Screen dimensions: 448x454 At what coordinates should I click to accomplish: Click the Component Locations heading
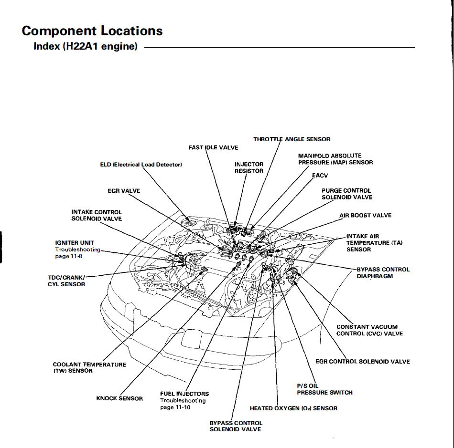click(92, 31)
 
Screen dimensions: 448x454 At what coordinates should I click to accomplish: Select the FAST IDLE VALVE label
click(213, 147)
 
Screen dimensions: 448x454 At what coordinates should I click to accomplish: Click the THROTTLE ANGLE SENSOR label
click(292, 139)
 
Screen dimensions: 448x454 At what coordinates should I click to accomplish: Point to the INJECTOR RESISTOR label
click(249, 167)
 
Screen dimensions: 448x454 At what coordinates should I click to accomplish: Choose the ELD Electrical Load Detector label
click(141, 165)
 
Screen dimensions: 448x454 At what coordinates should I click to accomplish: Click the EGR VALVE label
click(124, 191)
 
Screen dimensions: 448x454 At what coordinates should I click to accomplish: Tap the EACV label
click(320, 176)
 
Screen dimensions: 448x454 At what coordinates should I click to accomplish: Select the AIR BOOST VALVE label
click(365, 215)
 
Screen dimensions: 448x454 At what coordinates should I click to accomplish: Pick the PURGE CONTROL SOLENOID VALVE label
click(346, 194)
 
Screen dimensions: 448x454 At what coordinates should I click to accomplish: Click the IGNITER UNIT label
click(75, 243)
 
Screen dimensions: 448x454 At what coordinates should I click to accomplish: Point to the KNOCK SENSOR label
click(119, 398)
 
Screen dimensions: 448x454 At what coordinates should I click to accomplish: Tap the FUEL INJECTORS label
click(184, 394)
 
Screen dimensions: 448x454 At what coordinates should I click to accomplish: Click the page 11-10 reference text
click(175, 407)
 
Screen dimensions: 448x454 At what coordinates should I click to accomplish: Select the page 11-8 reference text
click(69, 257)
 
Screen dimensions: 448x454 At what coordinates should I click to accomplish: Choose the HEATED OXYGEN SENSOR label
click(293, 408)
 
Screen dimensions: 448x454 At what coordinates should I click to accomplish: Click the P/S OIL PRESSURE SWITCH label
click(324, 389)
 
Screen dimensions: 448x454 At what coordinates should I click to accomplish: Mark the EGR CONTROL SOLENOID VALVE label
click(362, 362)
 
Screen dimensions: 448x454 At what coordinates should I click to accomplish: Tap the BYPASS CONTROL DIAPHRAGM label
click(383, 273)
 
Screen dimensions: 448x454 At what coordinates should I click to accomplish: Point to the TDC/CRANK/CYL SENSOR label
click(66, 281)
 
